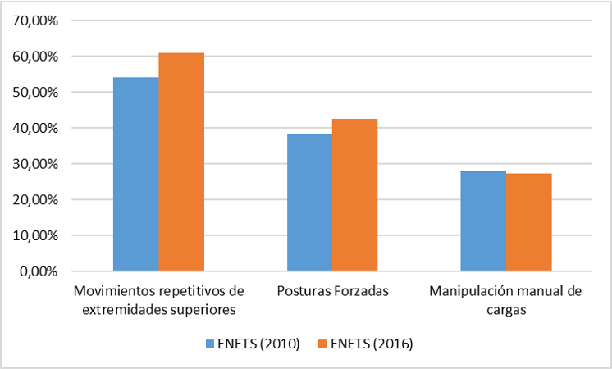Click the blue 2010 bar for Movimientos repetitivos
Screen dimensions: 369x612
coord(135,174)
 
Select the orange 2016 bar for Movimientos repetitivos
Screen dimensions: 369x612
coord(181,162)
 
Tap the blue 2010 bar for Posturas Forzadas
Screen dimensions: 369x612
coord(309,203)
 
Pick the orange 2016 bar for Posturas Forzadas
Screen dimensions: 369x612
coord(354,194)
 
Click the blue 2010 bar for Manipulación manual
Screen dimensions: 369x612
coord(483,221)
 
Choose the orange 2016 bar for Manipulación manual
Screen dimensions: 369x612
coord(528,221)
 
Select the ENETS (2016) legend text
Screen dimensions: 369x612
coord(372,344)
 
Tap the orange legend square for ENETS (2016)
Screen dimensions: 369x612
coord(323,344)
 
